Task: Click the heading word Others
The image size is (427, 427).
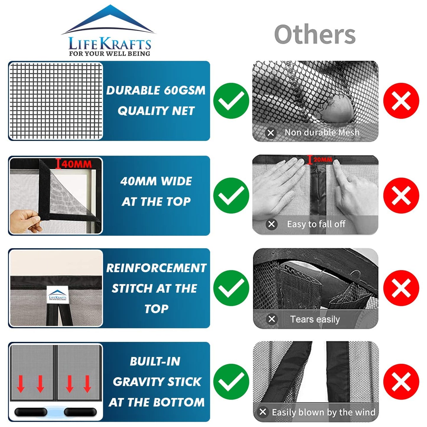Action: coord(315,35)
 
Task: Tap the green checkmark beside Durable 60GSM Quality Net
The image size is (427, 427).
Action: coord(231,101)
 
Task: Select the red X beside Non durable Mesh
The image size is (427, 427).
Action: coord(401,101)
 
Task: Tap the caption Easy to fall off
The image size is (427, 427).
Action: coord(316,224)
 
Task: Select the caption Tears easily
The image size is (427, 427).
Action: coord(315,319)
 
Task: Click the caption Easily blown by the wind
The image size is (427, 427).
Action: coord(323,412)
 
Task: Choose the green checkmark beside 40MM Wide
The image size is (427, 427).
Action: coord(231,196)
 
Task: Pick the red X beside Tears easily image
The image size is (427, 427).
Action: coord(401,288)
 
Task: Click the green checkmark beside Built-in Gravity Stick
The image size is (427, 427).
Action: coord(231,382)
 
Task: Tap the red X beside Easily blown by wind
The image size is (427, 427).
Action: coord(401,382)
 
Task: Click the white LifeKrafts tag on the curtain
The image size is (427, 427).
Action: coord(58,295)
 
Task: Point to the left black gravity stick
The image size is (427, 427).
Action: coord(31,412)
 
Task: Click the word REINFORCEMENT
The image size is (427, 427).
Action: coord(156,268)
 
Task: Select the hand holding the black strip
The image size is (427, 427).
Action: coord(25,220)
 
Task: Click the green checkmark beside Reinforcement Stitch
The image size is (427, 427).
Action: coord(231,288)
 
